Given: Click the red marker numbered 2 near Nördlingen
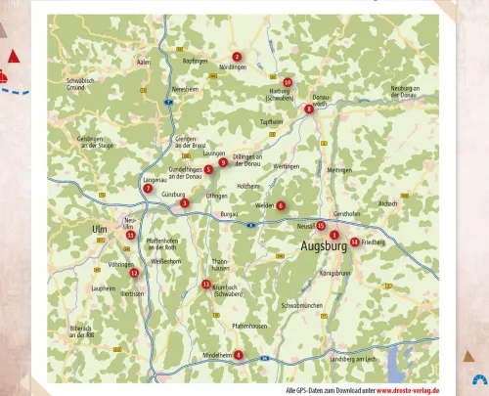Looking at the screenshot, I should click(x=237, y=58).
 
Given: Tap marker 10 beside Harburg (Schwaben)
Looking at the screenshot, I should click(x=288, y=83).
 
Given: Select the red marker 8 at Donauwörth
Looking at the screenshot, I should click(x=309, y=109).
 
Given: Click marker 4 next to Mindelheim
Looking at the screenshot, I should click(x=238, y=355).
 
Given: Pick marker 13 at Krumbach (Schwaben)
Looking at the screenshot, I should click(x=206, y=285).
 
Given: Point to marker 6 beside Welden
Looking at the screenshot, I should click(x=281, y=205).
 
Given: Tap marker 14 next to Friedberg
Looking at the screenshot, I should click(x=354, y=242).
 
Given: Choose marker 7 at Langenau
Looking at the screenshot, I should click(x=148, y=188).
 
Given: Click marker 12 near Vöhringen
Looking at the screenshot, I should click(x=134, y=273).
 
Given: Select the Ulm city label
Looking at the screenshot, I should click(x=98, y=229).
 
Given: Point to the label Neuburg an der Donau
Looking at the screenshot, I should click(x=405, y=91).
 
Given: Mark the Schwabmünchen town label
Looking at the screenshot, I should click(x=301, y=306).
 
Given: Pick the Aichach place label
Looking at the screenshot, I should click(x=387, y=203).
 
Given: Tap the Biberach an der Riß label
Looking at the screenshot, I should click(x=81, y=330).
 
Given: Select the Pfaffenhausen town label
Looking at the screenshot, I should click(x=249, y=326).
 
